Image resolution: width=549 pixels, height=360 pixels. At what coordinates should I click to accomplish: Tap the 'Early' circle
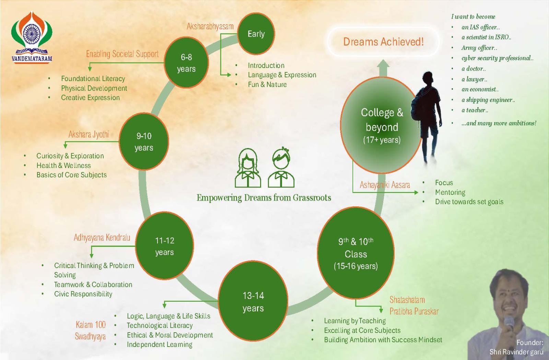(x=256, y=34)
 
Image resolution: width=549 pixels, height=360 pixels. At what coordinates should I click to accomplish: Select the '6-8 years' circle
(x=186, y=63)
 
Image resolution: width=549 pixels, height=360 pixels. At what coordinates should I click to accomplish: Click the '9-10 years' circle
(x=144, y=142)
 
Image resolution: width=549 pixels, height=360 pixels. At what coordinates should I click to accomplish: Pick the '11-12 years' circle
(x=164, y=246)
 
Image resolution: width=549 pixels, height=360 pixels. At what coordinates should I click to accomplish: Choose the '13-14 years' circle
(x=253, y=302)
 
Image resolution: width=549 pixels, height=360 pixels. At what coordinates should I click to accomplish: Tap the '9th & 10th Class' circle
(x=355, y=254)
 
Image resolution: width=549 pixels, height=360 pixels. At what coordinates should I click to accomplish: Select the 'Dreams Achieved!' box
(x=383, y=42)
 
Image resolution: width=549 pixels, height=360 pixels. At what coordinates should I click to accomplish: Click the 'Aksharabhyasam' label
(x=210, y=26)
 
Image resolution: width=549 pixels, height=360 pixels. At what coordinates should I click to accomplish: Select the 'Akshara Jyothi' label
(x=89, y=134)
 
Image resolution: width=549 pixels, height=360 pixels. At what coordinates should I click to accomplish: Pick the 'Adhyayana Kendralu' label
(x=102, y=238)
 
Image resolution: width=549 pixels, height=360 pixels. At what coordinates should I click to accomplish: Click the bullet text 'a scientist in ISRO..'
(x=486, y=37)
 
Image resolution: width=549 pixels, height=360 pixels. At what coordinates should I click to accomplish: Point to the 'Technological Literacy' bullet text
(x=160, y=325)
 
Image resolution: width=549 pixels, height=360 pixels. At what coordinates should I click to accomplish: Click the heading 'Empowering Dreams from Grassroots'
(x=264, y=198)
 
